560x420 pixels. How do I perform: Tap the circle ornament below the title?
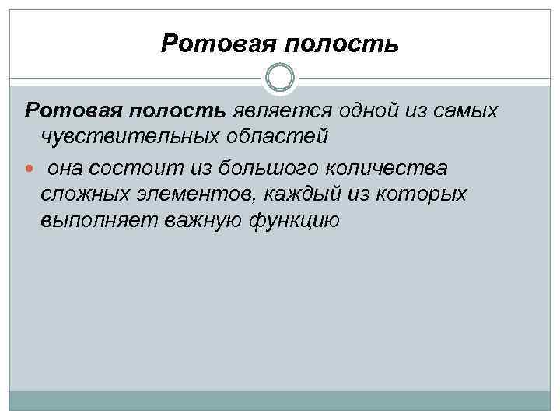[x=280, y=79]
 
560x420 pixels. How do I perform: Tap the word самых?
[x=465, y=110]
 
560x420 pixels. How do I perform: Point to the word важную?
[x=202, y=221]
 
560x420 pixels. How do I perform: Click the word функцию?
[x=294, y=221]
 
